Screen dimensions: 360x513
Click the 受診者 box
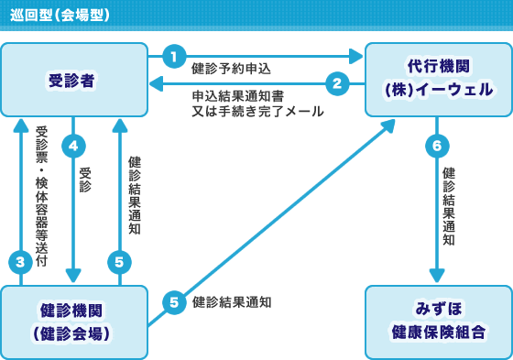pyautogui.click(x=73, y=80)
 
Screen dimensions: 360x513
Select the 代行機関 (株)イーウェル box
pyautogui.click(x=438, y=79)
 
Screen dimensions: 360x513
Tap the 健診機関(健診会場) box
pyautogui.click(x=73, y=322)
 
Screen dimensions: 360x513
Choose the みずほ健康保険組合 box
pyautogui.click(x=438, y=322)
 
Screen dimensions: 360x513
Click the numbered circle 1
pyautogui.click(x=174, y=56)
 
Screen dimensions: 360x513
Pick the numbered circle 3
pyautogui.click(x=20, y=262)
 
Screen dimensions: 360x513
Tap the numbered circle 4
pyautogui.click(x=73, y=145)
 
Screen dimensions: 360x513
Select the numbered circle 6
pyautogui.click(x=437, y=146)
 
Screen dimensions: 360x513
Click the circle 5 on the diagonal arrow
pyautogui.click(x=174, y=301)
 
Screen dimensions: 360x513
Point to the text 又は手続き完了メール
pyautogui.click(x=257, y=111)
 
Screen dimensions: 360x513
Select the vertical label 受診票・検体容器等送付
pyautogui.click(x=41, y=195)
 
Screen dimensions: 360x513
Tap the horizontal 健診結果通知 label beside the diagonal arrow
pyautogui.click(x=231, y=301)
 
